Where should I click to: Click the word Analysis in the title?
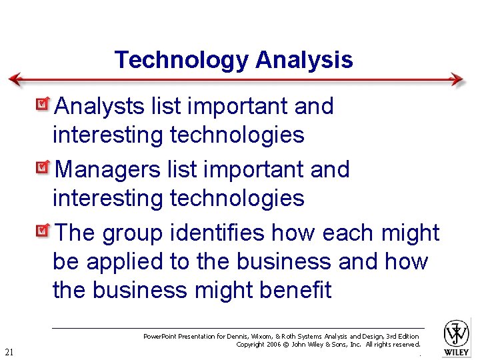coord(304,60)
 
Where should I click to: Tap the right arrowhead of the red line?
coord(457,79)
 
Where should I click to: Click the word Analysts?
coord(99,106)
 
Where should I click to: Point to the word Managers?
coord(107,169)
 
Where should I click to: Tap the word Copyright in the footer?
coord(251,344)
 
